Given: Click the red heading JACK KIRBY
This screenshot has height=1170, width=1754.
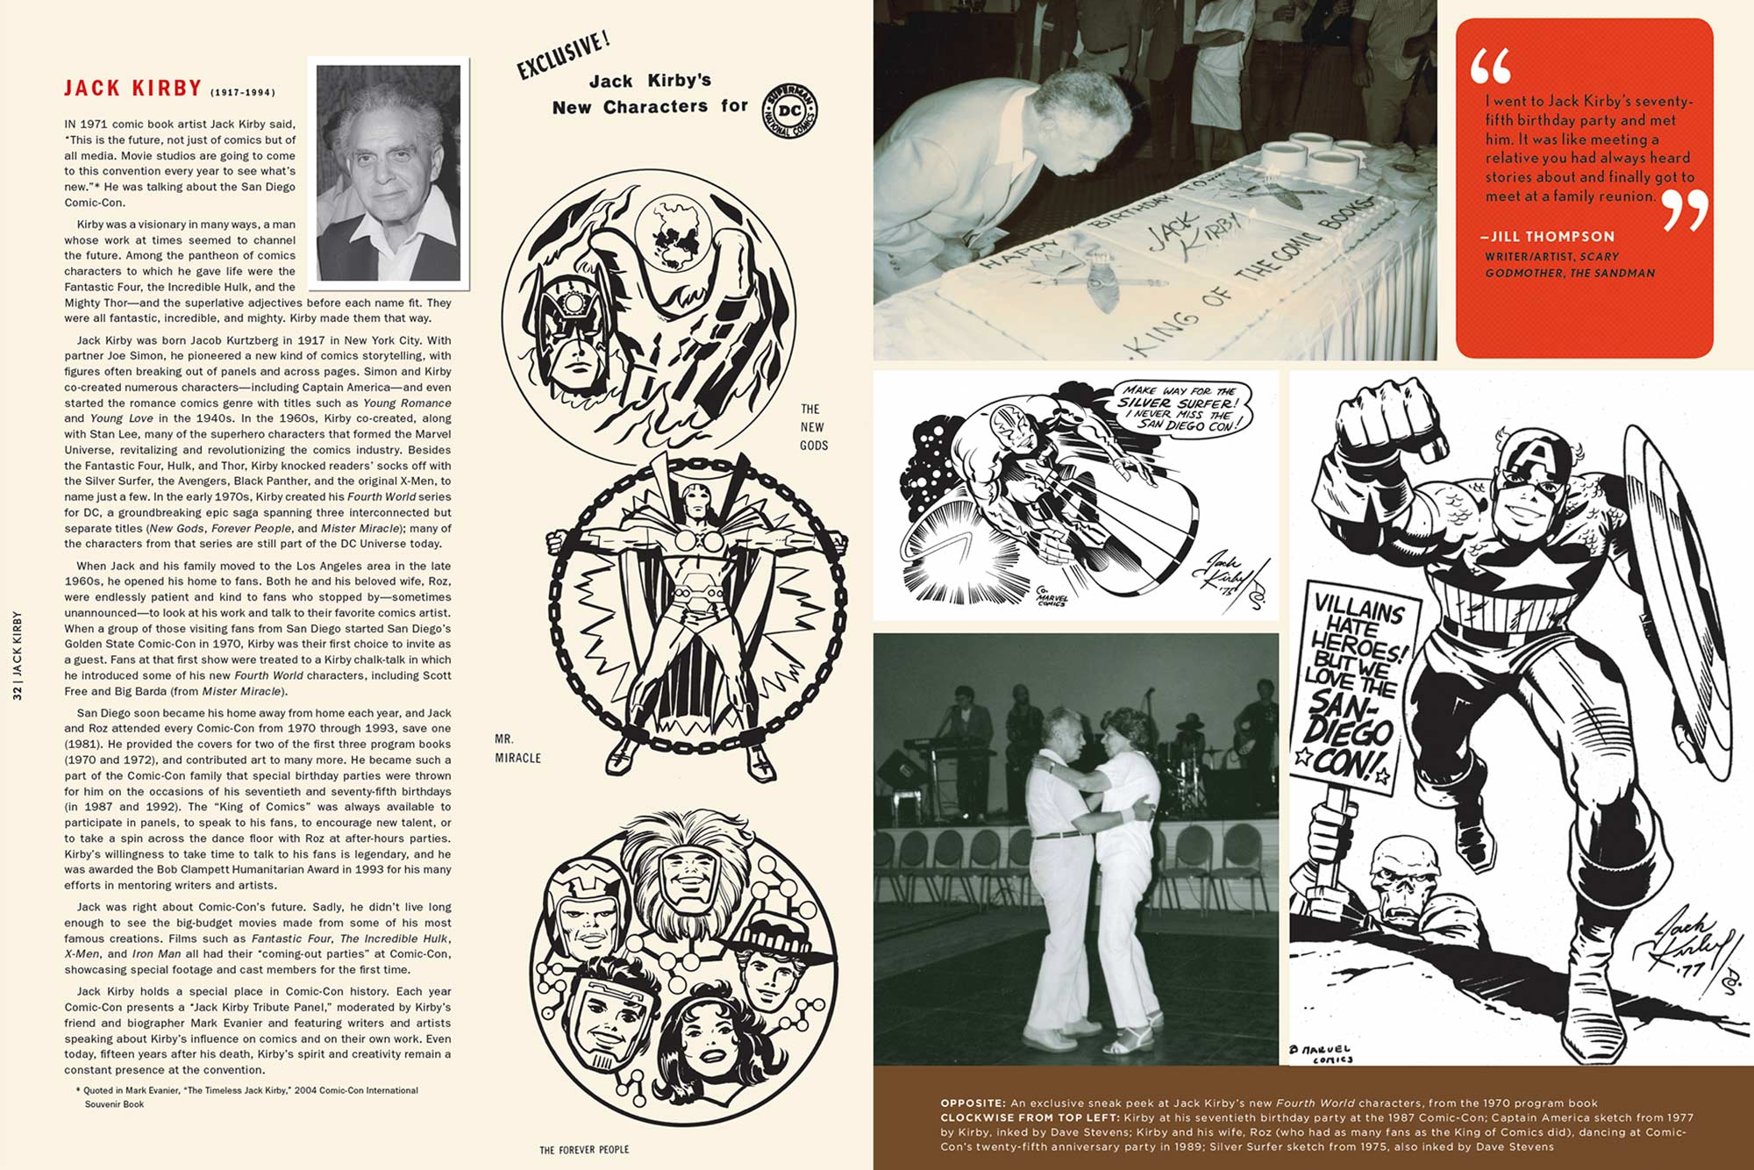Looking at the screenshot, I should [132, 89].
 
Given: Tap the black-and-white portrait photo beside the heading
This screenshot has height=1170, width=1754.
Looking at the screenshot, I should [389, 173].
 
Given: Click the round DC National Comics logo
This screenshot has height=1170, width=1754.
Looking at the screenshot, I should [789, 112].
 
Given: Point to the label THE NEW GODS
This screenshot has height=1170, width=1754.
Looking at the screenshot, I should [813, 427].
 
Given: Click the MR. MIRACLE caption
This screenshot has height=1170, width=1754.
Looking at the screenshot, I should [517, 748].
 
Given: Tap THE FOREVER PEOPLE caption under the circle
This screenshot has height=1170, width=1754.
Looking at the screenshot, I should [584, 1149].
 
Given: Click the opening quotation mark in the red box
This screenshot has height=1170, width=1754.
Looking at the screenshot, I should [1491, 65].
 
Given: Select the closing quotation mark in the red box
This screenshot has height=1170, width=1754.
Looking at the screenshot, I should [1685, 210].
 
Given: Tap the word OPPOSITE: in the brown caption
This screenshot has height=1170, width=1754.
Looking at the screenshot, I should [973, 1103].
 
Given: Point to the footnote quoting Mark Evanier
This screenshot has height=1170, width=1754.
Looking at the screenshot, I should [249, 1097].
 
